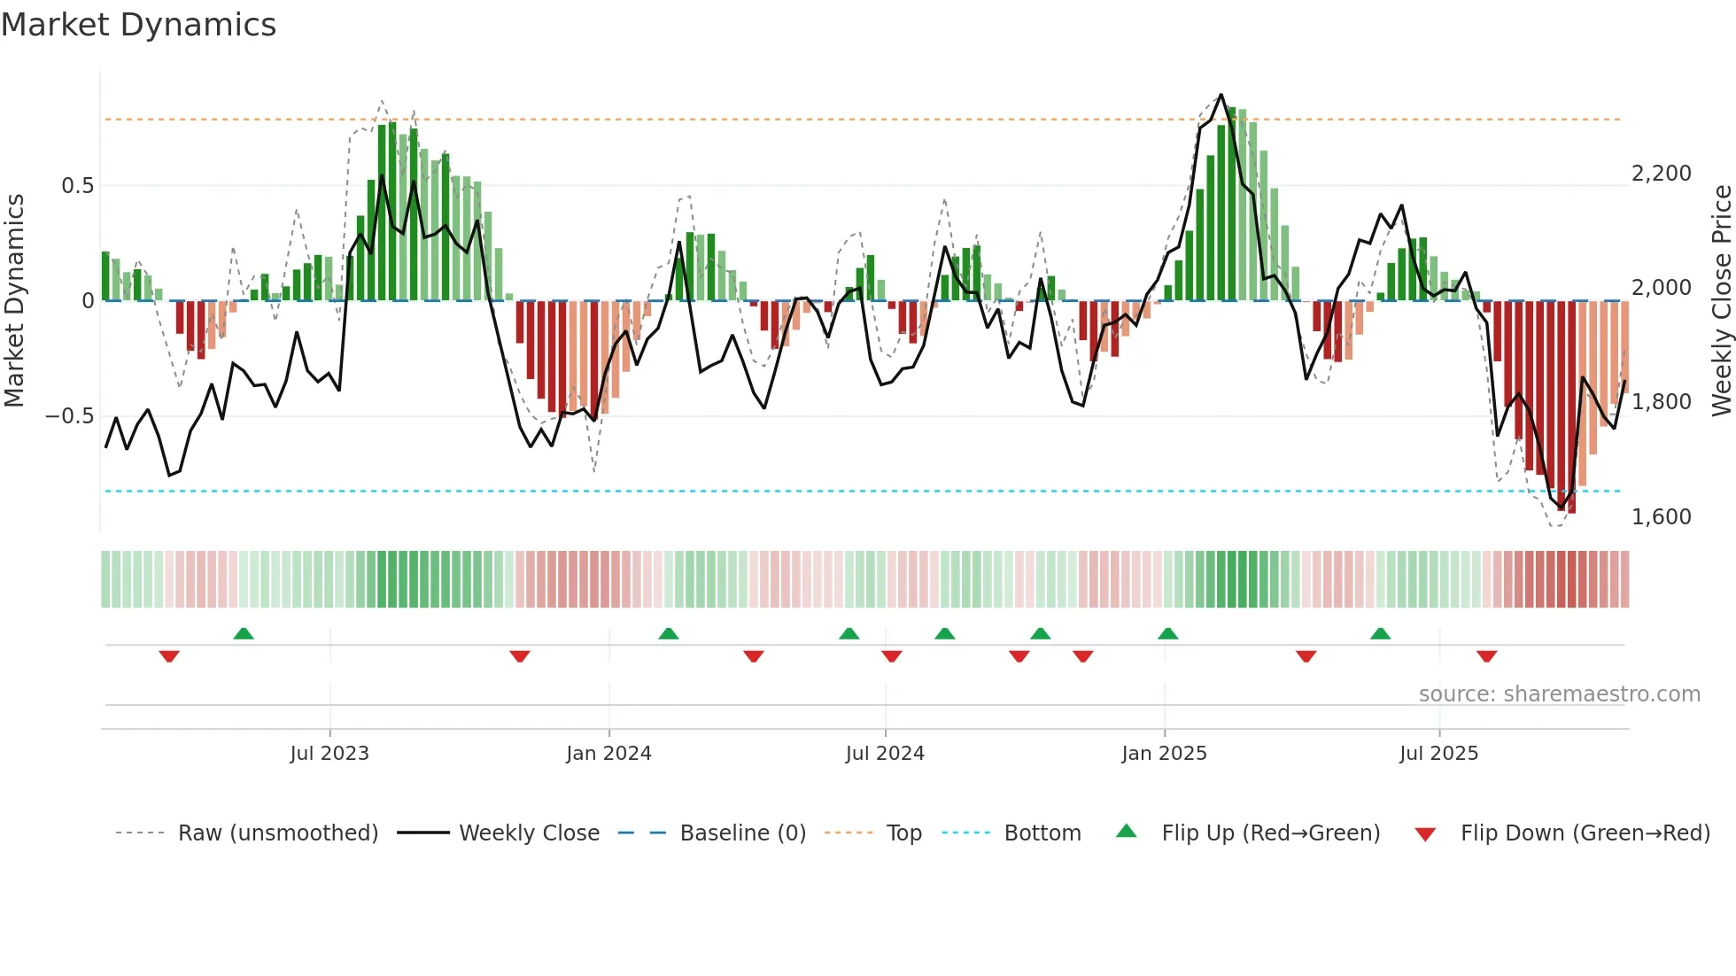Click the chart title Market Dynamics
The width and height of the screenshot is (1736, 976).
[138, 25]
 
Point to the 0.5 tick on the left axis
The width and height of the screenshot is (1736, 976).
[77, 186]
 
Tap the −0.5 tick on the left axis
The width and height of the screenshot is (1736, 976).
[70, 416]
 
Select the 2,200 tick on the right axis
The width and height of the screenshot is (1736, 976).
[1661, 174]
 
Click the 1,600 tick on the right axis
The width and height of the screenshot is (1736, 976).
[1661, 517]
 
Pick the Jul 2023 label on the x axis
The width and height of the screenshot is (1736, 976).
[329, 754]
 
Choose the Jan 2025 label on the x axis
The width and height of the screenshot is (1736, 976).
[1164, 754]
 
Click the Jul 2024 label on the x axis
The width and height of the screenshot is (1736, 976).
[885, 754]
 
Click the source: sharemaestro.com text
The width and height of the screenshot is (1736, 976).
[1559, 694]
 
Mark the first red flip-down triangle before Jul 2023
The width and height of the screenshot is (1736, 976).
[169, 656]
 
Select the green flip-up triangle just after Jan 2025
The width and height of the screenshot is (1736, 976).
[1167, 633]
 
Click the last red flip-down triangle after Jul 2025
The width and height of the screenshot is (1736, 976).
[1486, 656]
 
